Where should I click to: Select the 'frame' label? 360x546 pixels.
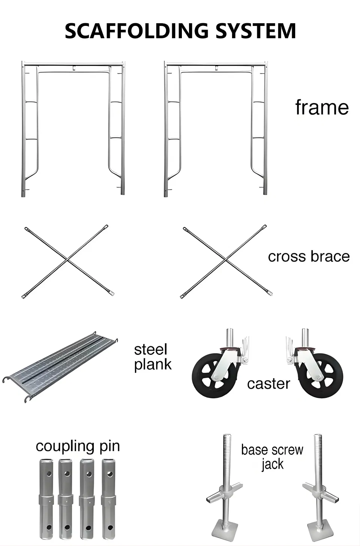coord(322,107)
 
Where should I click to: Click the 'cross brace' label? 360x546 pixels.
coord(309,257)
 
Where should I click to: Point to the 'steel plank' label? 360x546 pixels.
coord(153,357)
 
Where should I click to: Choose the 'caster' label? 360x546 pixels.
coord(268,384)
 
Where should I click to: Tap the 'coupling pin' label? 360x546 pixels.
coord(78,446)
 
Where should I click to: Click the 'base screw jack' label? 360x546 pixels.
coord(272,456)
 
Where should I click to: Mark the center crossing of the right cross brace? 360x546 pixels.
coord(226,259)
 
